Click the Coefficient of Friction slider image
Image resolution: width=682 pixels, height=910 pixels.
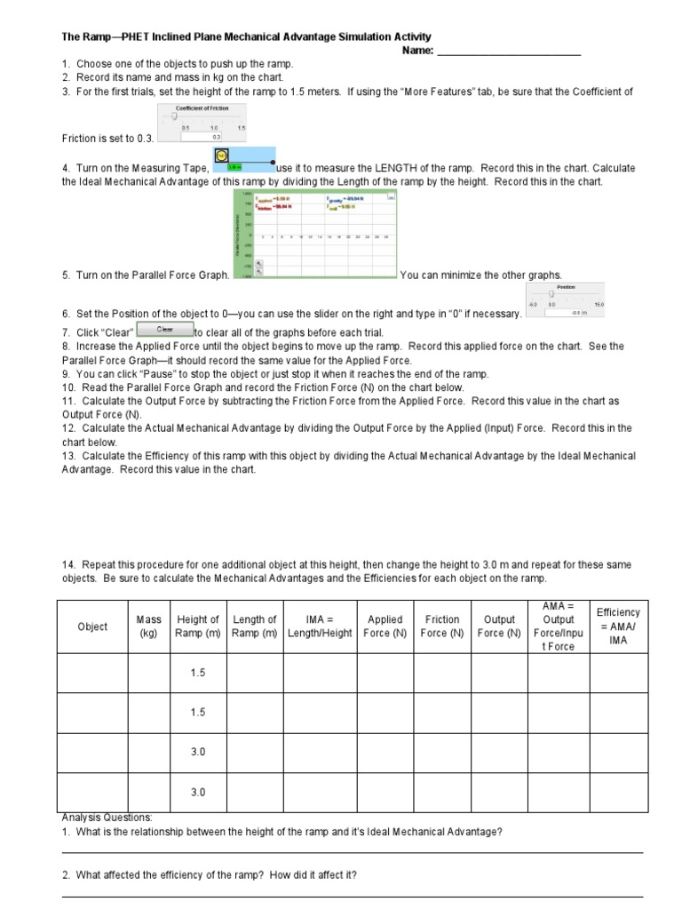(202, 123)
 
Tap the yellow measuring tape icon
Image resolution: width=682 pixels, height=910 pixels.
(222, 156)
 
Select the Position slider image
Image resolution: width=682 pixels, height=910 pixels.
(566, 299)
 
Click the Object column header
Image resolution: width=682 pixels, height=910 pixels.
(92, 627)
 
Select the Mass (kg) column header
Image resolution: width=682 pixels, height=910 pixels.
(148, 627)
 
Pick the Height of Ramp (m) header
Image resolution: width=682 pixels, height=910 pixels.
(198, 627)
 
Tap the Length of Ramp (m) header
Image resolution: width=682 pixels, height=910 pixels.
(255, 627)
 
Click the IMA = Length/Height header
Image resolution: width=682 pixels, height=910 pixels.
(320, 627)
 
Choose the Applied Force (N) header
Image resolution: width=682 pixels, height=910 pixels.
(385, 627)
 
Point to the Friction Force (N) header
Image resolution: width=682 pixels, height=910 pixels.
(442, 627)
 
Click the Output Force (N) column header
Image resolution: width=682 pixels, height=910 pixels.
(499, 627)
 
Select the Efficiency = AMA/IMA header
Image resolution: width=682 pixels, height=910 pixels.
(618, 626)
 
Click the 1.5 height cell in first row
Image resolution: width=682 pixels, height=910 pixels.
(198, 673)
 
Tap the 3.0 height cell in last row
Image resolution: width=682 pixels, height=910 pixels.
(198, 792)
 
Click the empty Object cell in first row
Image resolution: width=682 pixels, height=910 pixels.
(92, 673)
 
